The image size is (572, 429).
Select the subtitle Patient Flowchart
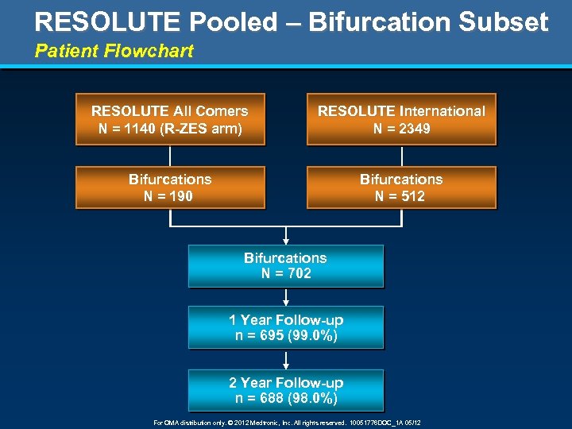pos(114,52)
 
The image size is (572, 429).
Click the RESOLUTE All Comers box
pos(169,119)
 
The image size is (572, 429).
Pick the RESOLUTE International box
pos(401,119)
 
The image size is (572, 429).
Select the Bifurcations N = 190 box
pos(169,187)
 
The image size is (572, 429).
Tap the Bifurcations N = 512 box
pos(401,187)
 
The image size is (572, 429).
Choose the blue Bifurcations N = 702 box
pos(285,265)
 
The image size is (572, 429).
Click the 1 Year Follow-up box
pos(285,327)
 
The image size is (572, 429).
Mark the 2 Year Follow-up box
pos(285,390)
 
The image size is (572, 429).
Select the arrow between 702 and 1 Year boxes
pos(285,297)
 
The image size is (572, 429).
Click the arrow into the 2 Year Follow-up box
pos(285,359)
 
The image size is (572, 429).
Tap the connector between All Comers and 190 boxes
pos(169,156)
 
